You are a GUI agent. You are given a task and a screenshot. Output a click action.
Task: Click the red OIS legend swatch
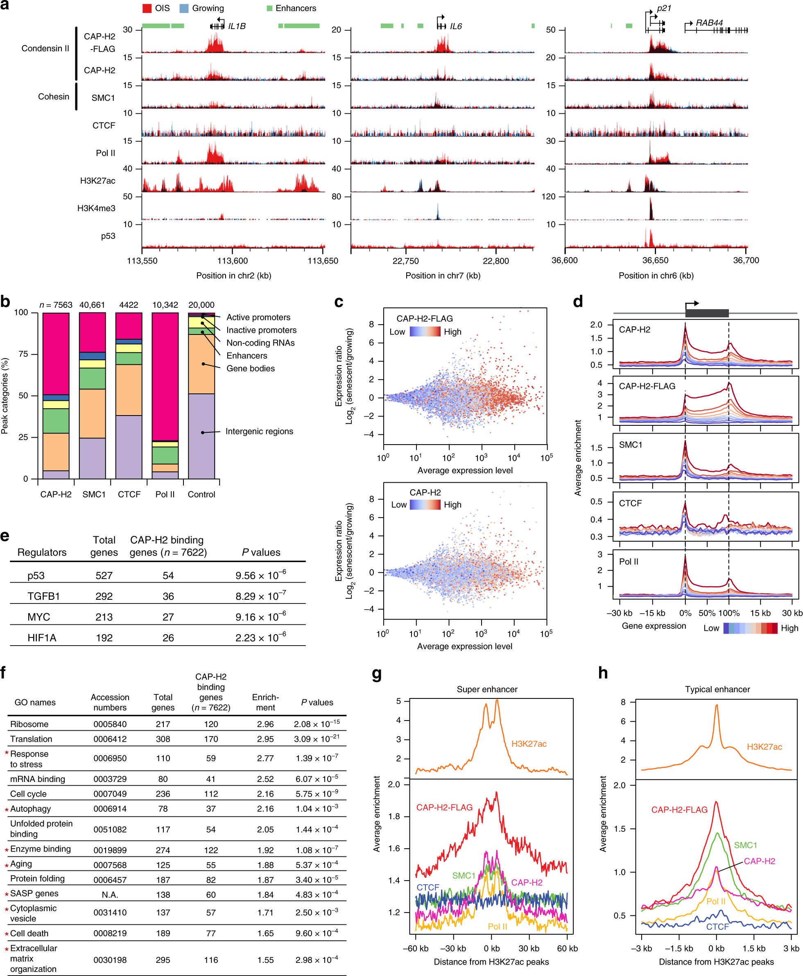point(147,8)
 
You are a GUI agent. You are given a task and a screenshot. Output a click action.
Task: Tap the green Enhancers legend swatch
point(269,8)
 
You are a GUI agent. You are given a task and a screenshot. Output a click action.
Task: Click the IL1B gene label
point(237,26)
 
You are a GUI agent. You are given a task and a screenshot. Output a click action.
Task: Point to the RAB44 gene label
point(709,23)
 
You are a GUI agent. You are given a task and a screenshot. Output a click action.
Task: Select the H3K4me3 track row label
point(96,208)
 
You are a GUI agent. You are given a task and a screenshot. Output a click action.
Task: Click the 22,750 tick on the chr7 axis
point(405,261)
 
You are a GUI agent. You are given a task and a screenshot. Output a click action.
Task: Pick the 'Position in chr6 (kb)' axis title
point(656,276)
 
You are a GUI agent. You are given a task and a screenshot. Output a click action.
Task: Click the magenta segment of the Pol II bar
point(165,377)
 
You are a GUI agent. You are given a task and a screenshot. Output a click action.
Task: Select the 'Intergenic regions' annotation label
point(259,432)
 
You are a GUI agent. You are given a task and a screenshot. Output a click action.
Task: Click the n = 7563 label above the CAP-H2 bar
point(56,305)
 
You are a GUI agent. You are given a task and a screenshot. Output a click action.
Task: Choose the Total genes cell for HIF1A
point(104,638)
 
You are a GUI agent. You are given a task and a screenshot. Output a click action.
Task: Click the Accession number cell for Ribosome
point(110,725)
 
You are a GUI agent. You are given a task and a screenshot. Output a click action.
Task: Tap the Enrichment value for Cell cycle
point(265,794)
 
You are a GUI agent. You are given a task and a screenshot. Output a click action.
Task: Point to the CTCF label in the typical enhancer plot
point(717,926)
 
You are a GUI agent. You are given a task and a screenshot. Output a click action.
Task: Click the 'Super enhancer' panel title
point(487,689)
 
